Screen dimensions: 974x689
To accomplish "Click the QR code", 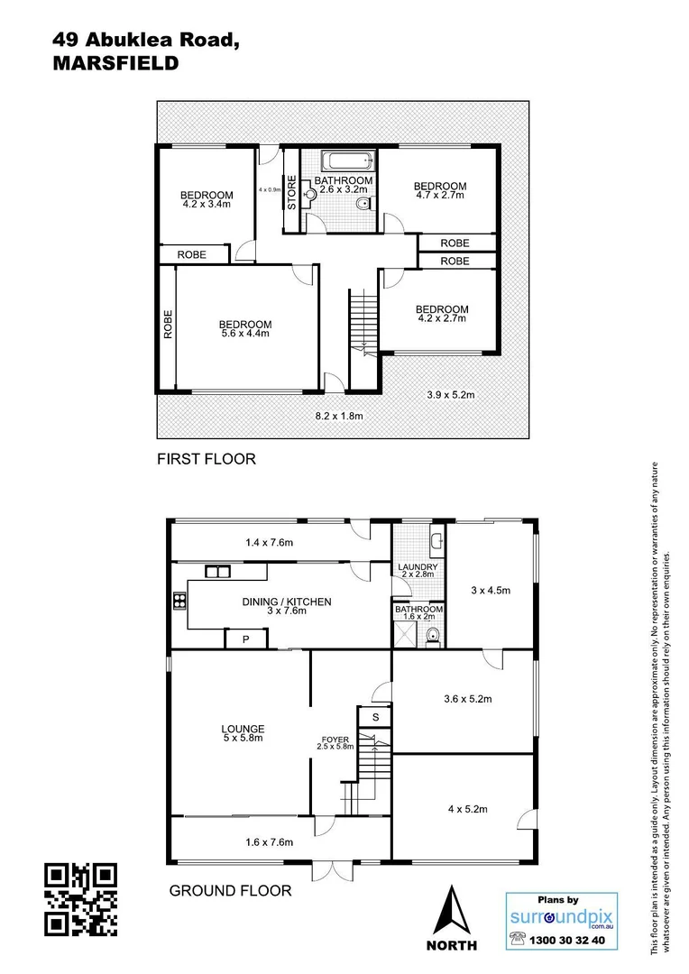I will tap(81, 898).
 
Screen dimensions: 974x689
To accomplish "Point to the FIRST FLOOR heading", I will tap(207, 459).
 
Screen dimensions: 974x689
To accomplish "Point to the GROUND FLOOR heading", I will tap(231, 891).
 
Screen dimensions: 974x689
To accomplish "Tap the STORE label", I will tap(291, 192).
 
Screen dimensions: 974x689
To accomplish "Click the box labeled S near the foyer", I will tap(375, 717).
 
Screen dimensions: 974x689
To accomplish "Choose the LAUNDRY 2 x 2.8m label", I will tap(417, 570).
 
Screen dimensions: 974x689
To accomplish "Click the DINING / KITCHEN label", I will tap(287, 606).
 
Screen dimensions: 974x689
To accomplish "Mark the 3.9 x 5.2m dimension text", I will tap(450, 394).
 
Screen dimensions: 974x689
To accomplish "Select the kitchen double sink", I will tap(217, 570).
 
